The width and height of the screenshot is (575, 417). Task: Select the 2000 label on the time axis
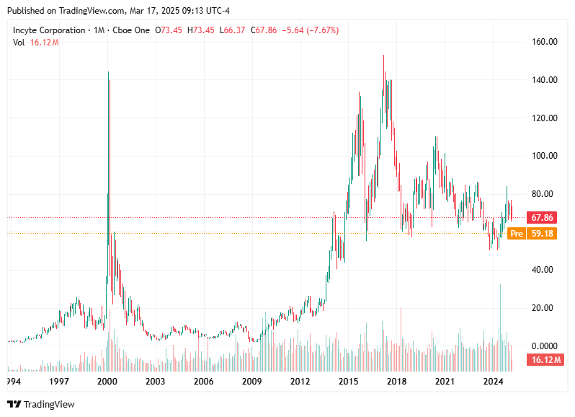tap(107, 380)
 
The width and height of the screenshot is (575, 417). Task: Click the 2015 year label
tap(349, 380)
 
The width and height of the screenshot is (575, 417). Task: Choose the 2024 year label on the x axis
tap(493, 380)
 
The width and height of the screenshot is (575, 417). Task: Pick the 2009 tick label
tap(251, 380)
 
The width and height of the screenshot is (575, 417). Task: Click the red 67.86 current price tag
tap(542, 217)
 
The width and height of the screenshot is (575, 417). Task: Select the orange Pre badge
tap(516, 234)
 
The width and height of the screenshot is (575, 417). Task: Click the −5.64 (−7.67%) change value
tap(309, 30)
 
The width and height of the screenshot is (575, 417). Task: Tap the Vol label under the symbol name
tap(19, 43)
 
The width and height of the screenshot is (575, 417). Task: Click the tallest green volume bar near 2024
tap(500, 317)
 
